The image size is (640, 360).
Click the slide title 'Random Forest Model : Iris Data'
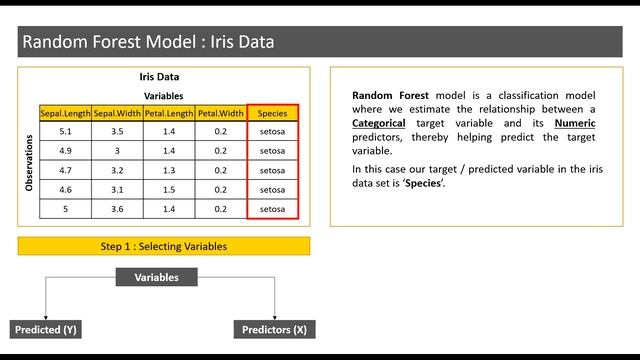click(148, 42)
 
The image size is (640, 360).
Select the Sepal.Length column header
click(66, 113)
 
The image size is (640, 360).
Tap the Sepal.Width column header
click(118, 113)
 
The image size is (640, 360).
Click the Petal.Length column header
click(169, 113)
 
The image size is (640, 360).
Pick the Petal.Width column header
click(221, 113)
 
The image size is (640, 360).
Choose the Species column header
click(272, 113)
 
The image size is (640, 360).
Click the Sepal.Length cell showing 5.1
click(66, 132)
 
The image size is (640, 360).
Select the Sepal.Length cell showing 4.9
click(66, 151)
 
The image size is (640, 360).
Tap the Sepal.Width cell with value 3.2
click(118, 170)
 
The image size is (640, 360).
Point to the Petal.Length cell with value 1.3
click(169, 170)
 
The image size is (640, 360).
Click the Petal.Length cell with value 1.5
click(169, 189)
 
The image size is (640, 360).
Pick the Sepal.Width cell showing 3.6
click(118, 209)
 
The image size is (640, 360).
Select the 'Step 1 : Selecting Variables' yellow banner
click(164, 246)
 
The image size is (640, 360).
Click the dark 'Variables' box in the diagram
click(157, 277)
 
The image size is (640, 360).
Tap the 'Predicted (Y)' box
click(44, 329)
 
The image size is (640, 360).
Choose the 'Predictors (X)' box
click(273, 329)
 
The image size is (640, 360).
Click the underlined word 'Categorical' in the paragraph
click(379, 122)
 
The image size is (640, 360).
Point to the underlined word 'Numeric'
click(574, 122)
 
